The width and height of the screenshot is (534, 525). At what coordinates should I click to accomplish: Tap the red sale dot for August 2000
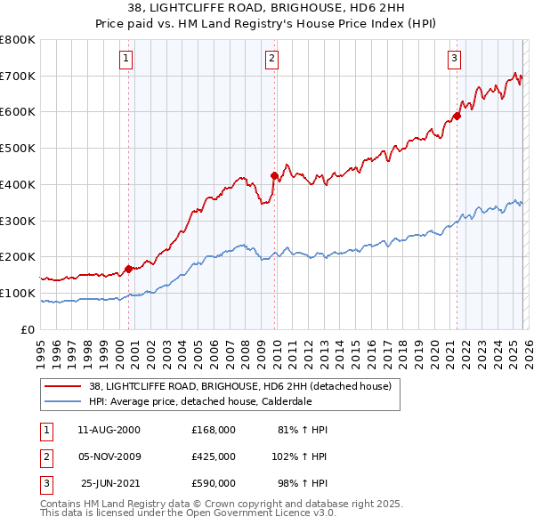(x=129, y=268)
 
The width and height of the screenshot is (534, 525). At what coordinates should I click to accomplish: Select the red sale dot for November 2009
(x=274, y=175)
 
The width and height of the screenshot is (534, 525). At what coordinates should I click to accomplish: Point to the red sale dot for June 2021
(x=457, y=115)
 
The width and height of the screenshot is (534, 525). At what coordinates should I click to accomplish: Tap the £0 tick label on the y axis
(x=27, y=329)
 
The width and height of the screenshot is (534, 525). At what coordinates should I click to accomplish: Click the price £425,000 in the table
(x=213, y=456)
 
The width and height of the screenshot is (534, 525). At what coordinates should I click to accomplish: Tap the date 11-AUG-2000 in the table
(x=109, y=430)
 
